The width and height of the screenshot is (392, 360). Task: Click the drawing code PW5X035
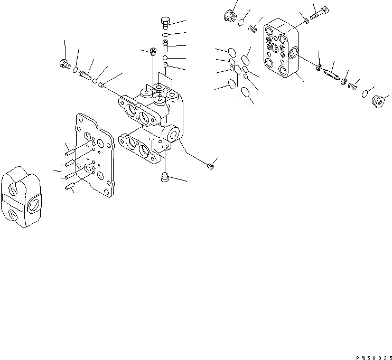[373, 357]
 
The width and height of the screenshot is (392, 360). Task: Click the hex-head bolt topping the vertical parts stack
[164, 22]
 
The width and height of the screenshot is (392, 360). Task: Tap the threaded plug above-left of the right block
[229, 17]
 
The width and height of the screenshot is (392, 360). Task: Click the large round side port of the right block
[294, 53]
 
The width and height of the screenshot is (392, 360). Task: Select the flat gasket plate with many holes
[95, 155]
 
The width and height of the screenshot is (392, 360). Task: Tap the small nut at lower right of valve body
[210, 167]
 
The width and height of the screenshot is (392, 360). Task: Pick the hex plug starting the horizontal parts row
[64, 65]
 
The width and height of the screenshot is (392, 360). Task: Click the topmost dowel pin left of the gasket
[69, 153]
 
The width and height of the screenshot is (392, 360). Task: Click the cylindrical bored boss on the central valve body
[173, 133]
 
